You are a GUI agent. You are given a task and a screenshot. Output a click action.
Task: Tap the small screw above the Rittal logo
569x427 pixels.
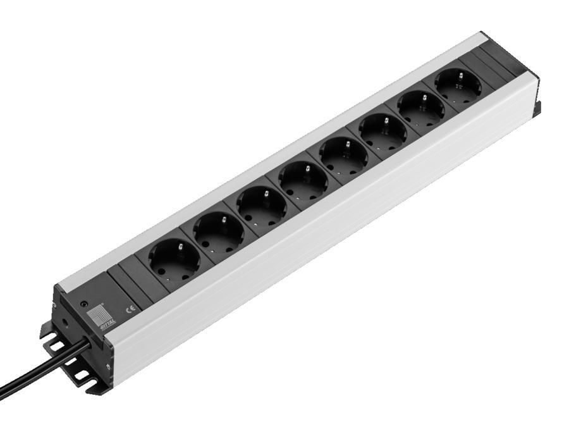(x=83, y=304)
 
